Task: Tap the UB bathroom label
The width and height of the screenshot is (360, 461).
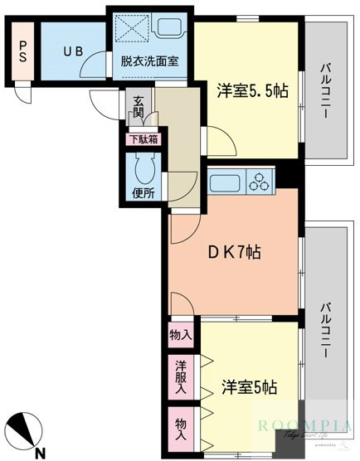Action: pos(71,50)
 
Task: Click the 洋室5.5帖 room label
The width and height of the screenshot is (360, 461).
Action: pos(253,90)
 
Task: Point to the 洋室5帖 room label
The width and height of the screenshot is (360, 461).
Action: pos(249,386)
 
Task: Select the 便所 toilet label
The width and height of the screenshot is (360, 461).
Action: pos(143,194)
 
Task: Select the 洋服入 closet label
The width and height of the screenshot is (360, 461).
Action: pos(181,377)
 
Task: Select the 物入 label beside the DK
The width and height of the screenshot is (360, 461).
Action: pos(181,335)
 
